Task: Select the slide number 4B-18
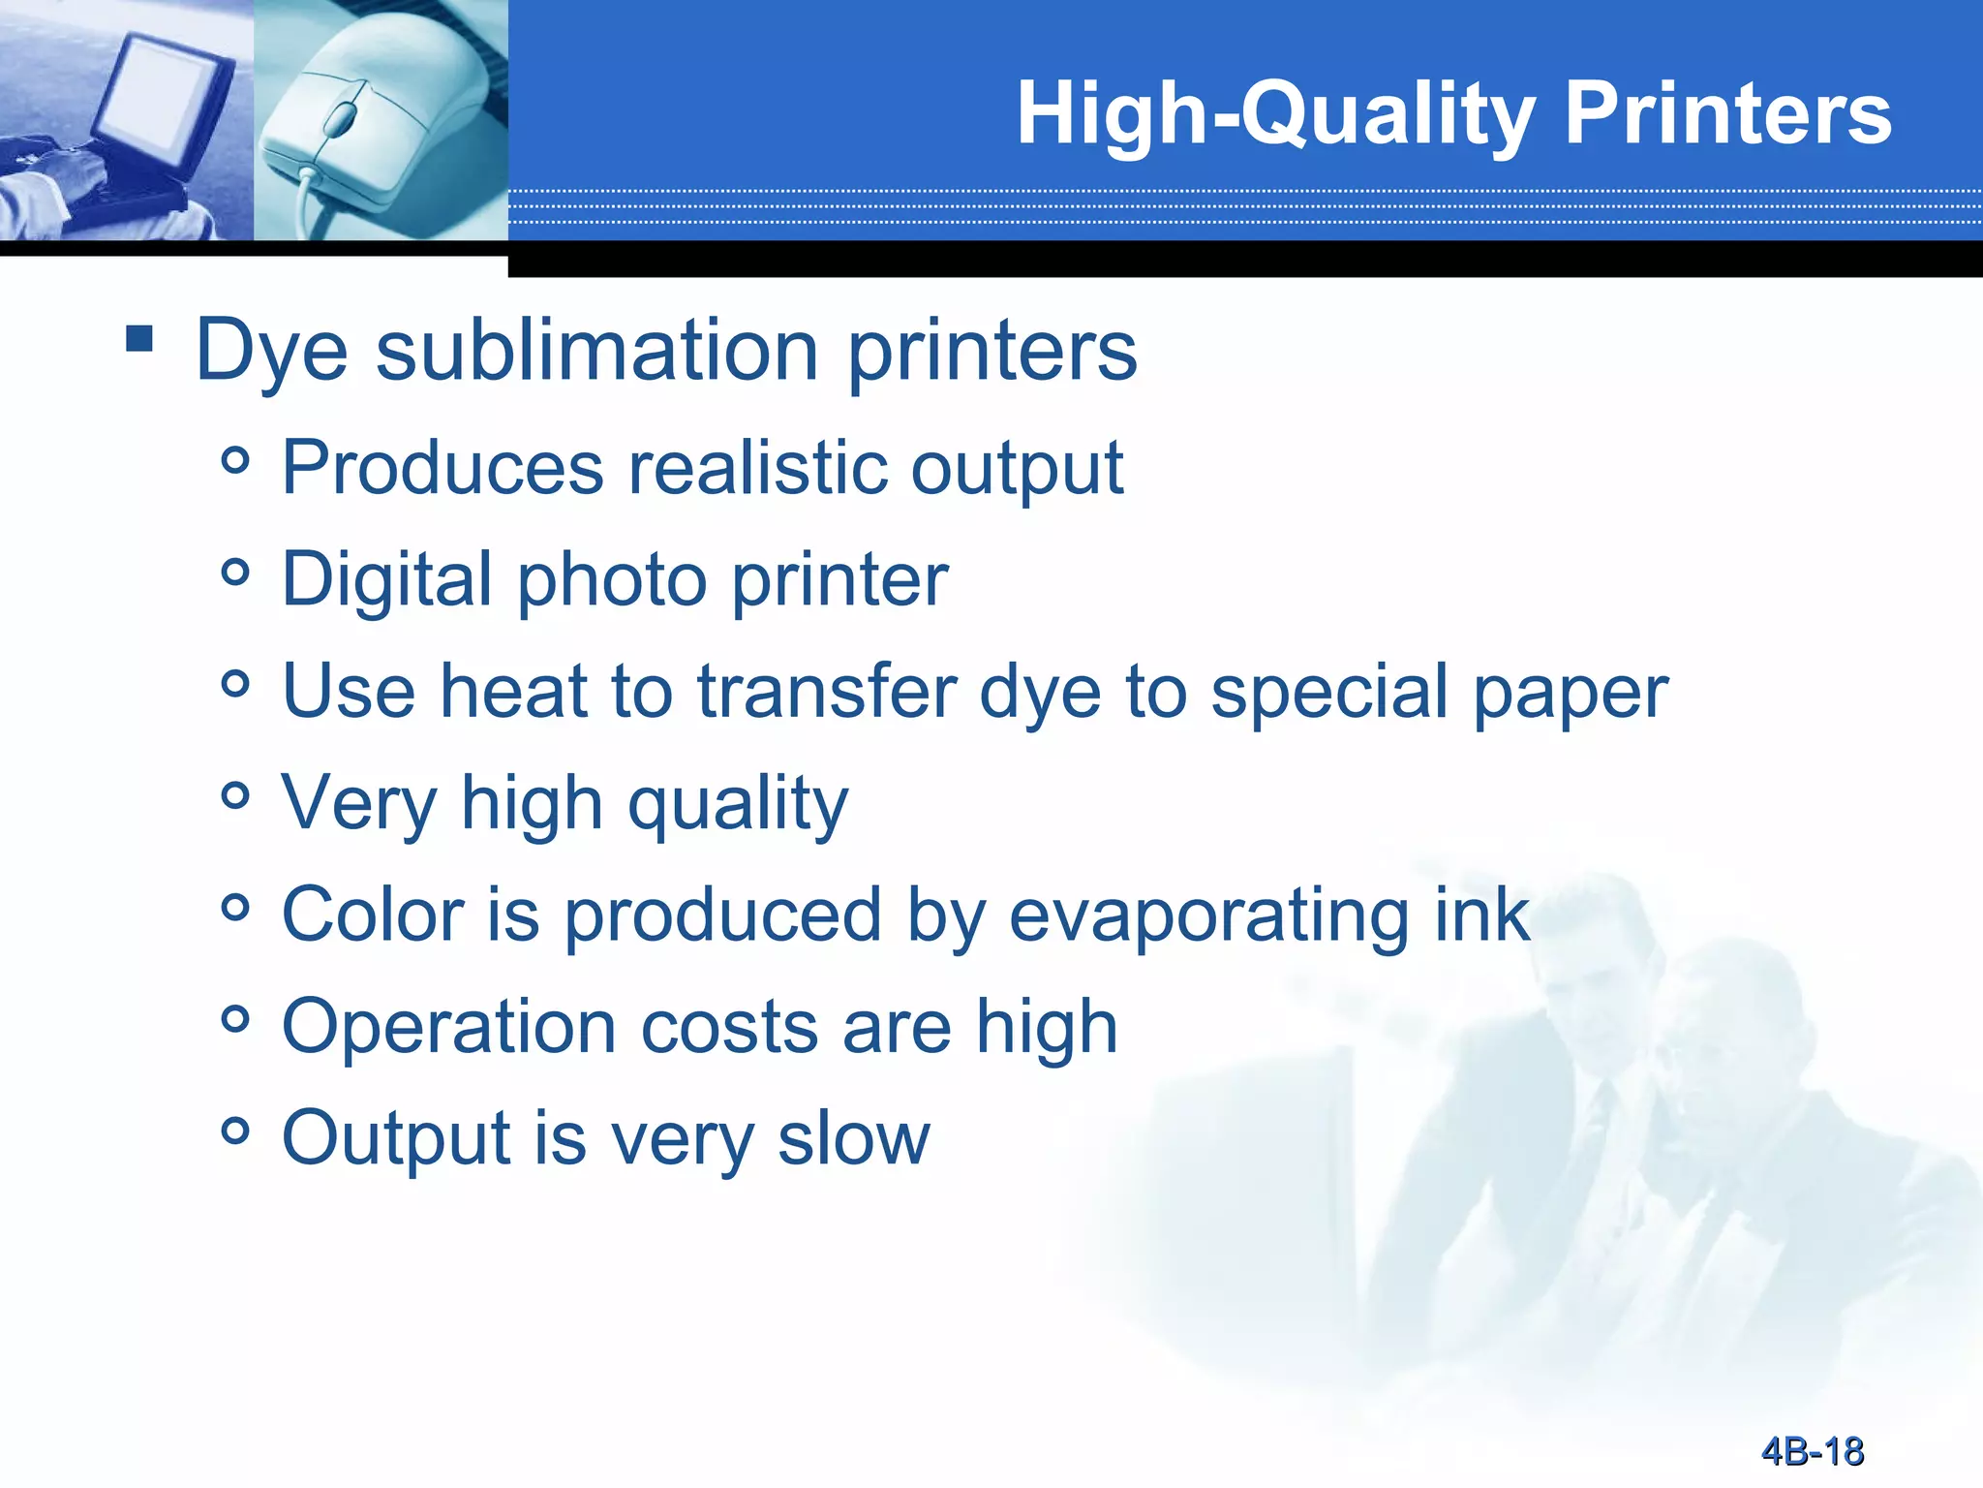pos(1812,1451)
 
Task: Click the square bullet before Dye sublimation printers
pos(139,338)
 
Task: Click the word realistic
pos(756,468)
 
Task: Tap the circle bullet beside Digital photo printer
pos(235,572)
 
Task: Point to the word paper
pos(1571,695)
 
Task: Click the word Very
pos(359,805)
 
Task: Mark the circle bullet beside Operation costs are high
pos(235,1018)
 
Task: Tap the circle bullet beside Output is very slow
pos(235,1130)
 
